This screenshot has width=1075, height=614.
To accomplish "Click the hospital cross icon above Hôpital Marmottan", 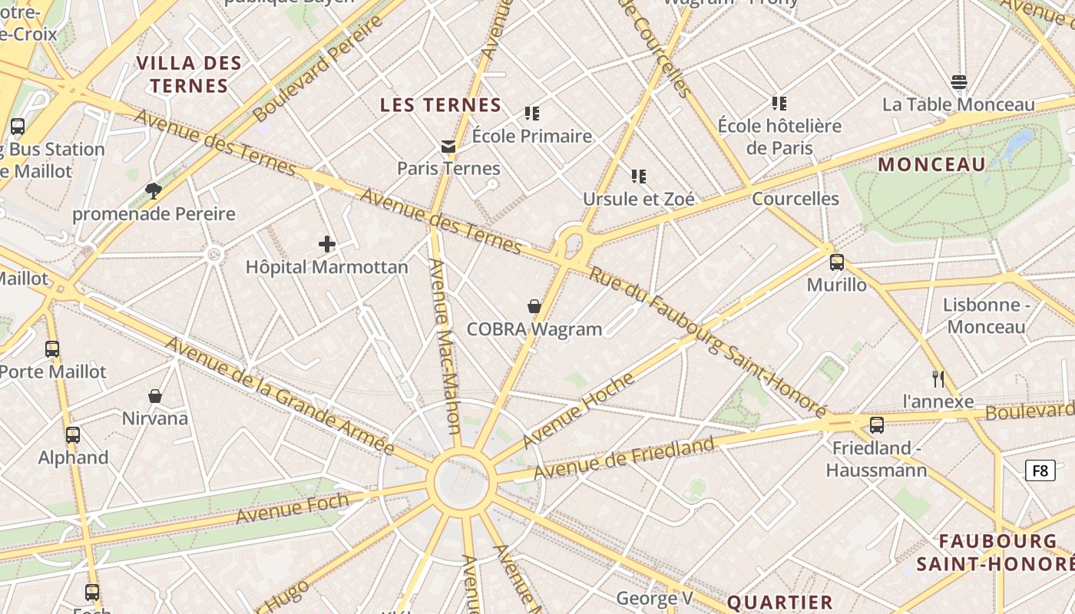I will tap(327, 245).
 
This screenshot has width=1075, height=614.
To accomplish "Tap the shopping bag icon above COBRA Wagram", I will tap(534, 307).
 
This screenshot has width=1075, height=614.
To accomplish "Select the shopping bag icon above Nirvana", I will tap(155, 396).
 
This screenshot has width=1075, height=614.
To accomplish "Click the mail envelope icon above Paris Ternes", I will tap(448, 147).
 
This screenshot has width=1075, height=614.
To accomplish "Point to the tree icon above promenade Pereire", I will tap(154, 191).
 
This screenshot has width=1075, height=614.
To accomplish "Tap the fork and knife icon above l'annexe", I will tap(938, 378).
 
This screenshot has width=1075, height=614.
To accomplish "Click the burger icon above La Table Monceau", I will tap(958, 82).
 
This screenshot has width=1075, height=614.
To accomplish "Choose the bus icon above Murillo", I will tap(837, 262).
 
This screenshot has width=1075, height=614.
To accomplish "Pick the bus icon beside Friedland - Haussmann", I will tap(877, 425).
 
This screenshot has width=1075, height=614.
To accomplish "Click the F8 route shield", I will tap(1040, 470).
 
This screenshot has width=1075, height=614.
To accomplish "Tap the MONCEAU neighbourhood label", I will tap(931, 164).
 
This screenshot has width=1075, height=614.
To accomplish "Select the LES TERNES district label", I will tap(441, 105).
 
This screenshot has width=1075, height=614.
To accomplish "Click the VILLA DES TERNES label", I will tap(190, 74).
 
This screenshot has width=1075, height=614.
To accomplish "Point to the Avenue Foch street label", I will tap(292, 509).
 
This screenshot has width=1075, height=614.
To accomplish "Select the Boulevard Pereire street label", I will tap(317, 69).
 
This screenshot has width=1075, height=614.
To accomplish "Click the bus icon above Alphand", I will tap(73, 435).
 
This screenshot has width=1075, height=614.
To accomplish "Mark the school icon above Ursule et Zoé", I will tap(638, 177).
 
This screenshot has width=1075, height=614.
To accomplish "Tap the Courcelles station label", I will tap(795, 199).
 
